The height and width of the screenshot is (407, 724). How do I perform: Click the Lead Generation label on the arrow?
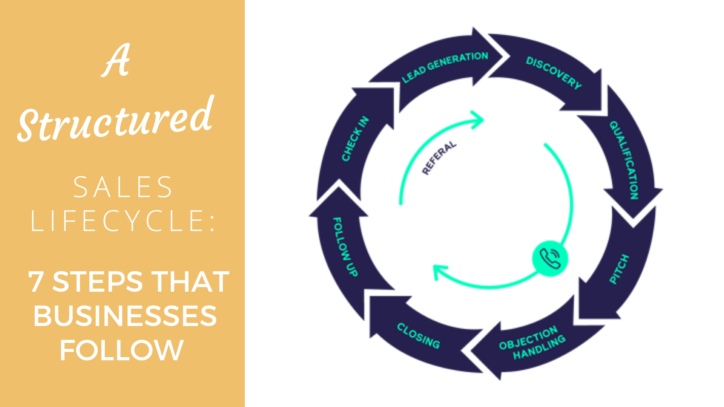[x=445, y=67]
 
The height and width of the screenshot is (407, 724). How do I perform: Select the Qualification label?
[x=624, y=160]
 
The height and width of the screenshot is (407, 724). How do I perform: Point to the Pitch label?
[x=620, y=269]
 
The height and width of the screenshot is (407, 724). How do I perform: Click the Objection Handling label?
[x=532, y=342]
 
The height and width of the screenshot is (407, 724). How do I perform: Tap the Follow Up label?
[x=345, y=246]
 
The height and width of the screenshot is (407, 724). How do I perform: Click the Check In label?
[x=355, y=139]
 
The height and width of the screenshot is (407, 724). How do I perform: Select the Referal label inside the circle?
[x=439, y=158]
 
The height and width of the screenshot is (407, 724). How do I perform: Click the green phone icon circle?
[x=550, y=259]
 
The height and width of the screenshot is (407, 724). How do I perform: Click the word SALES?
[x=123, y=187]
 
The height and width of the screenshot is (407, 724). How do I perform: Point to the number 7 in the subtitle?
[x=36, y=282]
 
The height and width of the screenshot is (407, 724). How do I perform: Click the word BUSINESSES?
[x=125, y=316]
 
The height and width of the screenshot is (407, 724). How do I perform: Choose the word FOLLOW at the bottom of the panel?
[x=121, y=350]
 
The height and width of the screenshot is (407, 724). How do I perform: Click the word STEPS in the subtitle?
[x=97, y=282]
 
